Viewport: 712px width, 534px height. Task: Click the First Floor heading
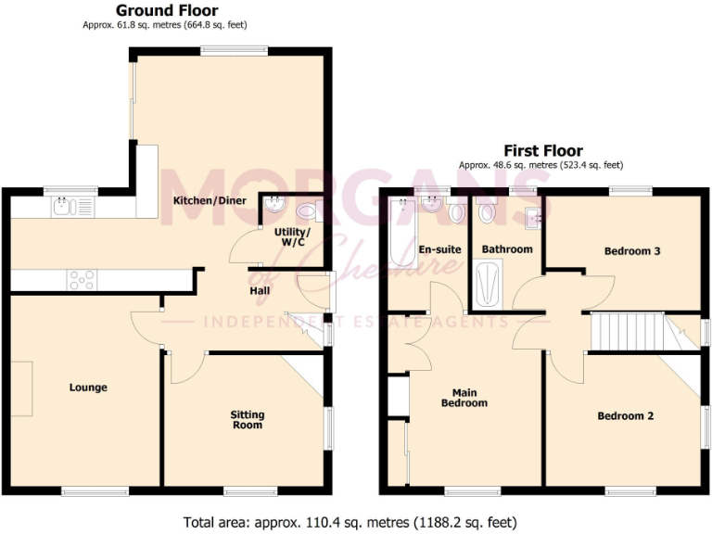pos(543,150)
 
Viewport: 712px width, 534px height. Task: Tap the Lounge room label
pos(88,388)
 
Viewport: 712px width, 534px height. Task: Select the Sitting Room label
pos(248,419)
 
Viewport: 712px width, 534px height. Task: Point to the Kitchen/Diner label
pos(208,200)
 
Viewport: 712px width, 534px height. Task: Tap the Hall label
pos(260,290)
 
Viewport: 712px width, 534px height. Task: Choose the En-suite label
pos(440,249)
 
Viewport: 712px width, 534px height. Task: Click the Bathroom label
pos(507,249)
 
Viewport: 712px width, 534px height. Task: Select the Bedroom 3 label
pos(632,250)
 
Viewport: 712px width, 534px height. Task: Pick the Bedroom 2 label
pos(625,416)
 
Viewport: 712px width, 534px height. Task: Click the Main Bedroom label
pos(464,398)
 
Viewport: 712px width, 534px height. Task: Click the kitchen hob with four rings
pos(82,278)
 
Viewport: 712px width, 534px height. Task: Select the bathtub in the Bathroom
pos(488,284)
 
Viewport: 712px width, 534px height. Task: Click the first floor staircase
pos(629,331)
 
